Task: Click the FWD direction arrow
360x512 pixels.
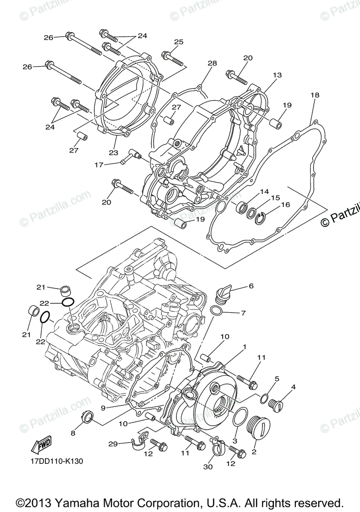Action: [x=41, y=446]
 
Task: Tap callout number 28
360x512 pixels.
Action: [x=212, y=63]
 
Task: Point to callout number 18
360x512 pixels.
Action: [x=315, y=95]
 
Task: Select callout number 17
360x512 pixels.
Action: [x=99, y=164]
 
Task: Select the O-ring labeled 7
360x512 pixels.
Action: [x=217, y=311]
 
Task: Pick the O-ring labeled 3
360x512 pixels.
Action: [x=241, y=416]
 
